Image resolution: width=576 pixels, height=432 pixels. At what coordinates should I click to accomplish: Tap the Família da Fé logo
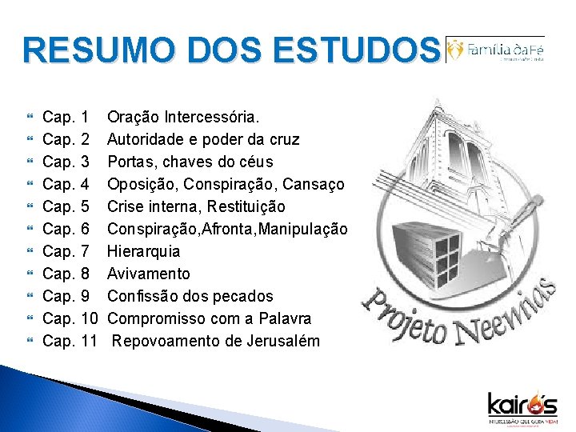[x=495, y=49]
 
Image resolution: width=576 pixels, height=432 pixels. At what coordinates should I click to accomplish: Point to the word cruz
[x=283, y=139]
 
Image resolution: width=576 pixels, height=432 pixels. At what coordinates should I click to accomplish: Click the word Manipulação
[x=302, y=229]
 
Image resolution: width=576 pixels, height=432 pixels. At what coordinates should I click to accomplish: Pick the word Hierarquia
[x=143, y=251]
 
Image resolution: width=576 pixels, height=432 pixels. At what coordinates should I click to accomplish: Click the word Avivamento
[x=149, y=274]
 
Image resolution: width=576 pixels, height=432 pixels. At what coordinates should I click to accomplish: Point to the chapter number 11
[x=89, y=341]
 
